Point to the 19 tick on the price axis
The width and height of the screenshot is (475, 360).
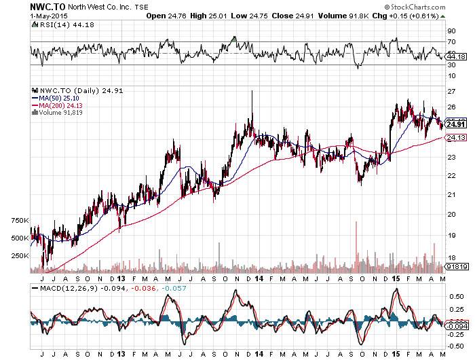[x=451, y=235]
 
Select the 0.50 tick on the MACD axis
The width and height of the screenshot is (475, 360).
[x=455, y=296]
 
